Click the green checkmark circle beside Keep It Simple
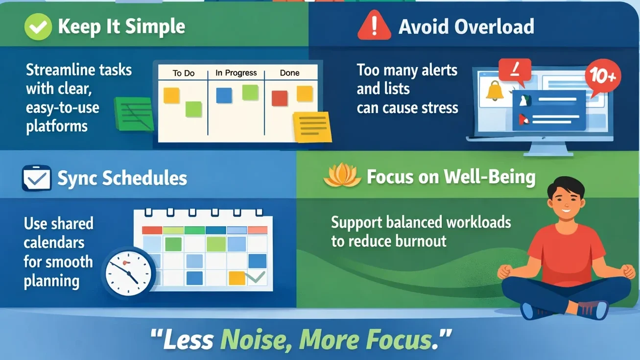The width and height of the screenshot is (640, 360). [38, 26]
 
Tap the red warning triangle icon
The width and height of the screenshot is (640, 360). [374, 26]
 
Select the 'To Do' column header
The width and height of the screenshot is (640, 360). [184, 73]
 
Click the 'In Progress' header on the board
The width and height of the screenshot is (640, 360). [236, 73]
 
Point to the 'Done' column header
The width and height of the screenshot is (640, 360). [289, 73]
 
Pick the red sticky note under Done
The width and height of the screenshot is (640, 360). [280, 98]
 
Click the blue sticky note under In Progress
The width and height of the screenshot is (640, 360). [224, 96]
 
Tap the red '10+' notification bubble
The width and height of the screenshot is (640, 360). [602, 76]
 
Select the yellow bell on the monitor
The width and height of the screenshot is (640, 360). [495, 92]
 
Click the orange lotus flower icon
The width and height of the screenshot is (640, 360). [342, 177]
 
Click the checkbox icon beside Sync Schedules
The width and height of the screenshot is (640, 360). [37, 178]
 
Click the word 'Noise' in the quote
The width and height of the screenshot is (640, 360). [255, 339]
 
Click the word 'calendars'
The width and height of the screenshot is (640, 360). [54, 242]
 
